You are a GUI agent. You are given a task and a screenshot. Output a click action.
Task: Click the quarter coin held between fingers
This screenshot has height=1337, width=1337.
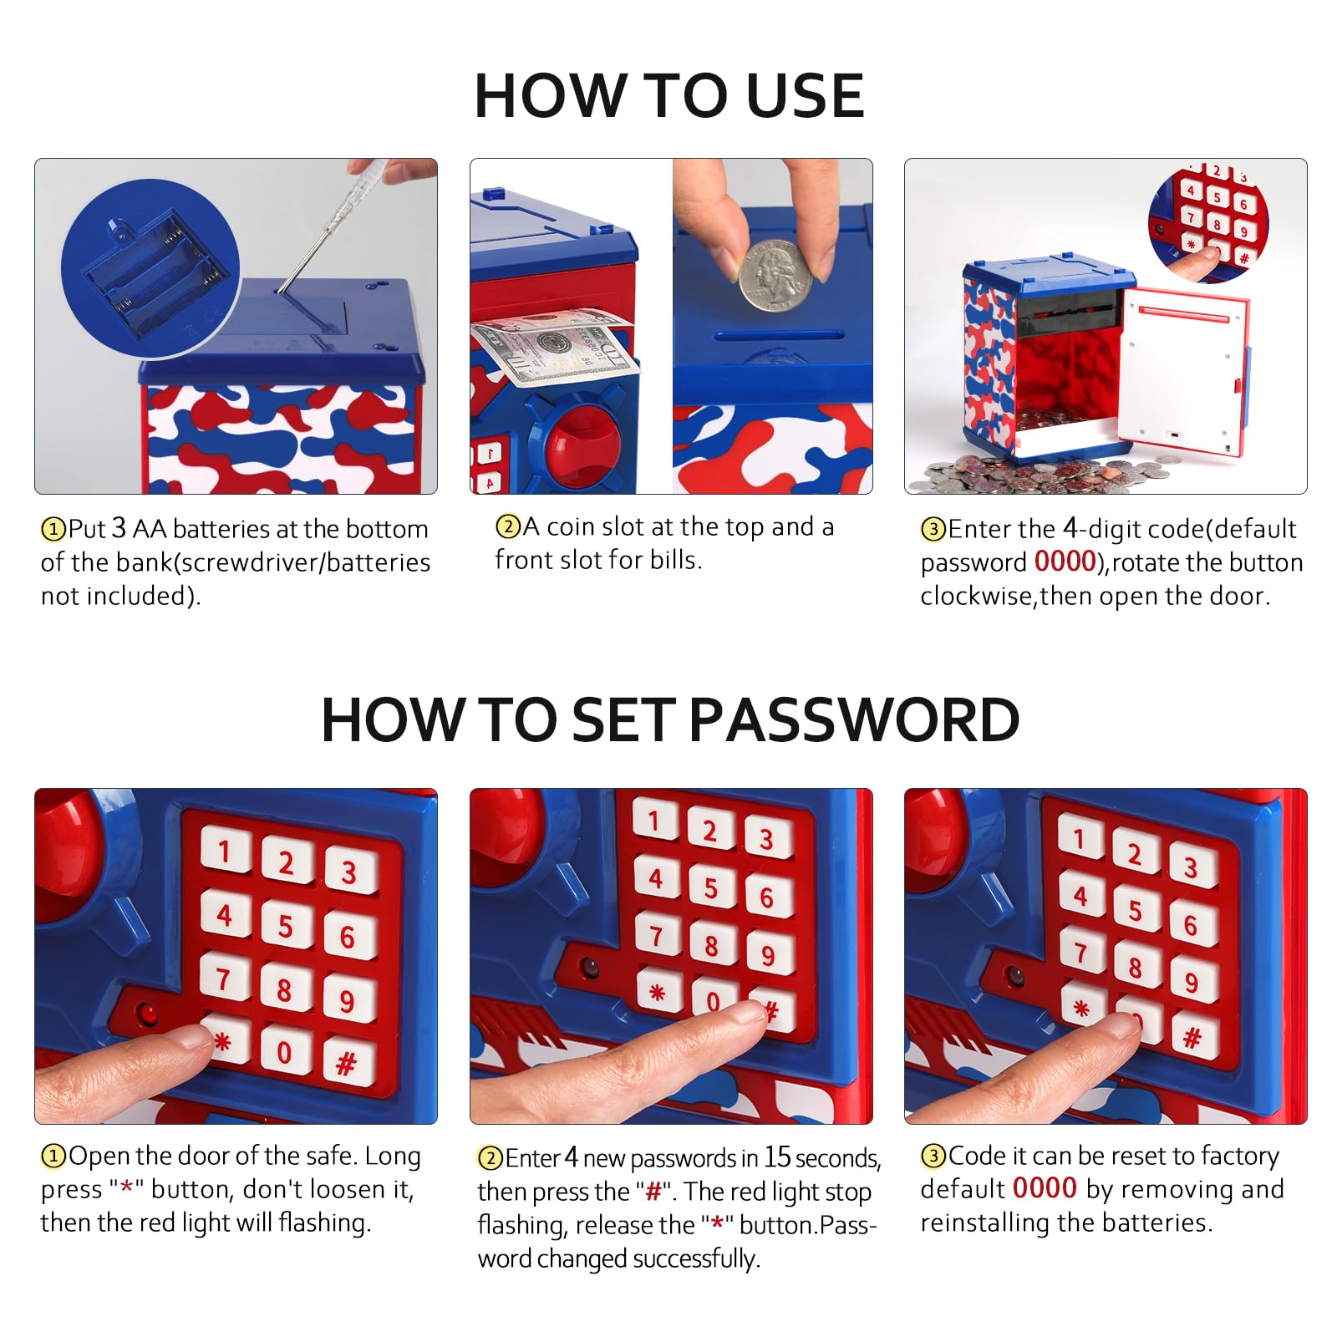(x=775, y=276)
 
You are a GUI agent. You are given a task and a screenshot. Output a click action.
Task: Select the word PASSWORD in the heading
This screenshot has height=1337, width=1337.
(x=854, y=719)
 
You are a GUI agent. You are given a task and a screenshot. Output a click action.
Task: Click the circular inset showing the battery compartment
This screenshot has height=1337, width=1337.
(x=150, y=274)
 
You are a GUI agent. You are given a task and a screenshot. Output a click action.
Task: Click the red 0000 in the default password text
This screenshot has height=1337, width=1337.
(x=1065, y=562)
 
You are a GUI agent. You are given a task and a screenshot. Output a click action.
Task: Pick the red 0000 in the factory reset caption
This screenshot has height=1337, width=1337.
(x=1045, y=1188)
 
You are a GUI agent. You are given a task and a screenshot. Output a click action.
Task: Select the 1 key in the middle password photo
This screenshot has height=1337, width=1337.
(x=655, y=820)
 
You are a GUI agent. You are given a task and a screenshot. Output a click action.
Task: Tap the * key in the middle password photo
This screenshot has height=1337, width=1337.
(x=658, y=992)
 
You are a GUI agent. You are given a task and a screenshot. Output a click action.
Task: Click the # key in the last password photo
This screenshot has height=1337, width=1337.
(x=1193, y=1037)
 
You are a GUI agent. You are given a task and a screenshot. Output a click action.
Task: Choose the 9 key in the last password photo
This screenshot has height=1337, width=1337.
(x=1192, y=983)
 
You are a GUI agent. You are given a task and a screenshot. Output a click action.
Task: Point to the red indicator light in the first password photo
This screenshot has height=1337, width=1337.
(x=149, y=1014)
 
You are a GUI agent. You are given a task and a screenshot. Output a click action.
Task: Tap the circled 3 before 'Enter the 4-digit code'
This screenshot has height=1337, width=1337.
(x=933, y=530)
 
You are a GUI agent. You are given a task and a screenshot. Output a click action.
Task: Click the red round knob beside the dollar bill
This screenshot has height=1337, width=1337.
(x=583, y=445)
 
